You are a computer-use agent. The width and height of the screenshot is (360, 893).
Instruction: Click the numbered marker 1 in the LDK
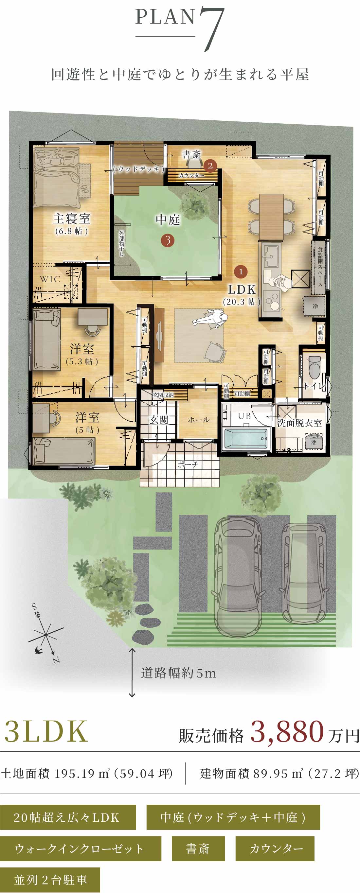tap(241, 271)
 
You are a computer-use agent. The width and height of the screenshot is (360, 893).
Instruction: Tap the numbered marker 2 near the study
tap(210, 166)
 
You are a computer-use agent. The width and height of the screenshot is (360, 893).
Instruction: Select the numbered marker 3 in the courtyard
tap(168, 240)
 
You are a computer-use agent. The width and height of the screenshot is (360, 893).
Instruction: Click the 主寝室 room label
tap(71, 219)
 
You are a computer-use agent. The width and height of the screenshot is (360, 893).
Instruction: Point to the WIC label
tap(50, 279)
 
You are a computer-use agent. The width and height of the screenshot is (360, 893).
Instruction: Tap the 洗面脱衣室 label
tap(299, 423)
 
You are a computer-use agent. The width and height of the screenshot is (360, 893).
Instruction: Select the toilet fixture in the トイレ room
tap(314, 367)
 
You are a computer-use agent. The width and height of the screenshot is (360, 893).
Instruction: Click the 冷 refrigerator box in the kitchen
tap(315, 306)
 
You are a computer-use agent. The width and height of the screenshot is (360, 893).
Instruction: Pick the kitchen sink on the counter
tap(271, 256)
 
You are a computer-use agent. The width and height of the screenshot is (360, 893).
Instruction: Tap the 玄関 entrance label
tap(158, 420)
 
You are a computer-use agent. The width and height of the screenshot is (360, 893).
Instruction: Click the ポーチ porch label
tap(188, 464)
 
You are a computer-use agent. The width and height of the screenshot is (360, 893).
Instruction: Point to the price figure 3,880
tap(287, 732)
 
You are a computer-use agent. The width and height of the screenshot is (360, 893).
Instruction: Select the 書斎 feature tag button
tap(198, 849)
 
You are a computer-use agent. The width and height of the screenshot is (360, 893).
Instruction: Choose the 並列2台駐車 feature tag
tap(50, 880)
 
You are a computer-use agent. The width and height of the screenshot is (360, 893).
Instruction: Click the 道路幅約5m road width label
tap(178, 673)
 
